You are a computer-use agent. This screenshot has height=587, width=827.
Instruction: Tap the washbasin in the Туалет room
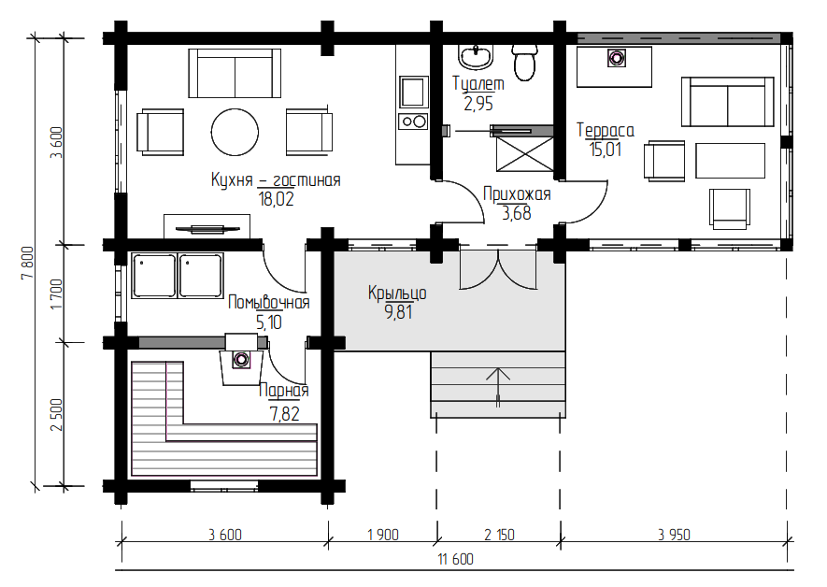477,56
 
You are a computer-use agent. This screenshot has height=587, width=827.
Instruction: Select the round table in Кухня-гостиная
235,132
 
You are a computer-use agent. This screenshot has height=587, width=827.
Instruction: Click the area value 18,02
276,199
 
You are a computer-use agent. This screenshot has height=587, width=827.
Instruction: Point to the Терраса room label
605,130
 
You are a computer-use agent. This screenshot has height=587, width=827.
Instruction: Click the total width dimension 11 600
456,559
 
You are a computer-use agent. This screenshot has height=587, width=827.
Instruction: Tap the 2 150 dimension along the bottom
499,535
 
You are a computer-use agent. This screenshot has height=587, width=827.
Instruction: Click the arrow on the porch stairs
498,387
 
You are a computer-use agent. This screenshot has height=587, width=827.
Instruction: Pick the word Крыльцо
397,293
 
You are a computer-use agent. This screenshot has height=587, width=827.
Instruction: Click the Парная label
284,391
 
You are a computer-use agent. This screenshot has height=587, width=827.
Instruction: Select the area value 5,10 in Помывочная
269,322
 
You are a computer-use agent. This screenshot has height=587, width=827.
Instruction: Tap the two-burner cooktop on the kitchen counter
414,122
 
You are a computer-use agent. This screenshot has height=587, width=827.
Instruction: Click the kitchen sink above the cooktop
414,93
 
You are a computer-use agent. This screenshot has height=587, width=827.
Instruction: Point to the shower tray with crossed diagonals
525,154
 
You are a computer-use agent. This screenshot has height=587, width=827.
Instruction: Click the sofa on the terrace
728,102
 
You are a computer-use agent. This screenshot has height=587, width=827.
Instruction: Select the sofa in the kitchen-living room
235,73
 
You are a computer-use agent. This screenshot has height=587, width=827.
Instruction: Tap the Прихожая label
517,194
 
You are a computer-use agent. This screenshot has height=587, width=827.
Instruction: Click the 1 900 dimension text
383,535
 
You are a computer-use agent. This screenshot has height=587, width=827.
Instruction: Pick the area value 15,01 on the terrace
606,150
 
